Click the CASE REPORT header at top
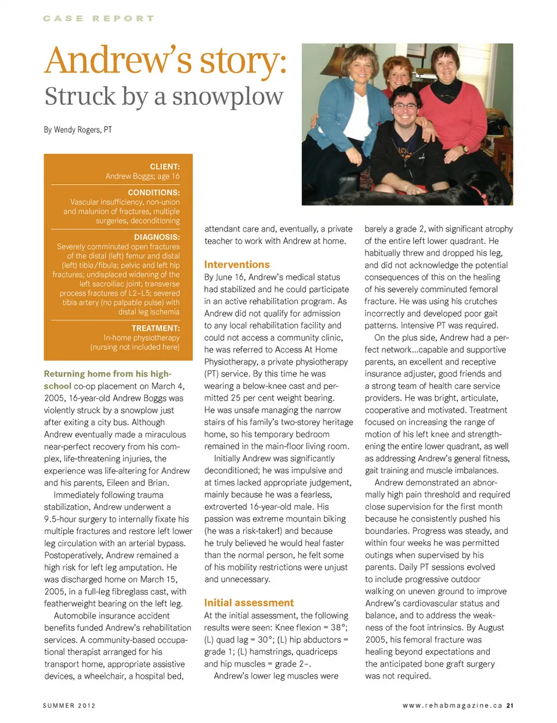tap(99, 19)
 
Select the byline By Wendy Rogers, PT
tap(78, 130)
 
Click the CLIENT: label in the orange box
tap(165, 167)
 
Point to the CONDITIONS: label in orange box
tap(154, 192)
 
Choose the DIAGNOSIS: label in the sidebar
tap(157, 237)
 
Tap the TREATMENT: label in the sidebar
tap(155, 328)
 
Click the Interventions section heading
tap(237, 264)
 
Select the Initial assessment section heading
tap(249, 603)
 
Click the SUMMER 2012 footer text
tap(69, 706)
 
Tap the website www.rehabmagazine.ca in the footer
tap(452, 706)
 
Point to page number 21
tap(510, 706)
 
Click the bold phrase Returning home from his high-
tap(107, 374)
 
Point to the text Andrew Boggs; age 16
tap(143, 176)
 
